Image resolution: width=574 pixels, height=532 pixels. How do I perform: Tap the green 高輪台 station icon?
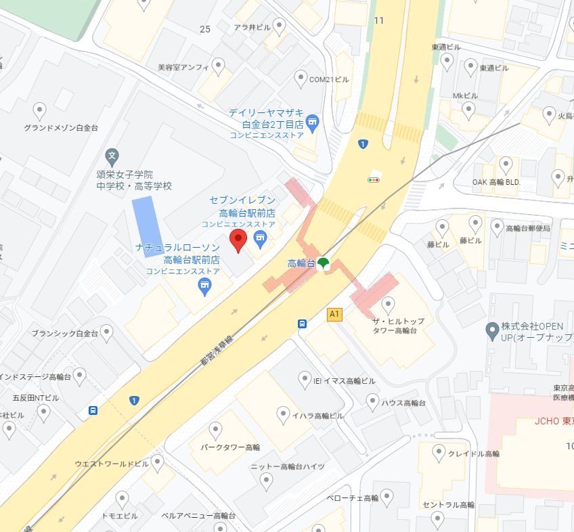324,263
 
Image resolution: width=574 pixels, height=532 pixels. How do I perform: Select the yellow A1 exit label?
334,314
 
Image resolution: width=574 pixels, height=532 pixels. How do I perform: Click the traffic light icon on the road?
373,179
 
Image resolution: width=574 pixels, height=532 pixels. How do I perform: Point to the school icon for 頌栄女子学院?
112,156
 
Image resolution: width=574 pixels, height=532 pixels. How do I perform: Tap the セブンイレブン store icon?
259,238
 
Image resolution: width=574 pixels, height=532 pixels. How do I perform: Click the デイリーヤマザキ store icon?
312,122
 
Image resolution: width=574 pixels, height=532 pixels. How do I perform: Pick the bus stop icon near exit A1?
302,324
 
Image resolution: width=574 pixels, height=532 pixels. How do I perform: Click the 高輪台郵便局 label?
528,229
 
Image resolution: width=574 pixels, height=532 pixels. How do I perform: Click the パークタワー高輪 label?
230,447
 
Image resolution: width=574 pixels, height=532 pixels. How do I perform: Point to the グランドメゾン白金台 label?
61,127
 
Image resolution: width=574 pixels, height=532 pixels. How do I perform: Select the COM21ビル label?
329,79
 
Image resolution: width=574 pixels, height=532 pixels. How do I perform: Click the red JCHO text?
547,420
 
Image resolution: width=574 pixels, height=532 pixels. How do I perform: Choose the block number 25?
205,28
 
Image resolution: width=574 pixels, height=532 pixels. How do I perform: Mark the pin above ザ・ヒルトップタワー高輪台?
388,303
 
